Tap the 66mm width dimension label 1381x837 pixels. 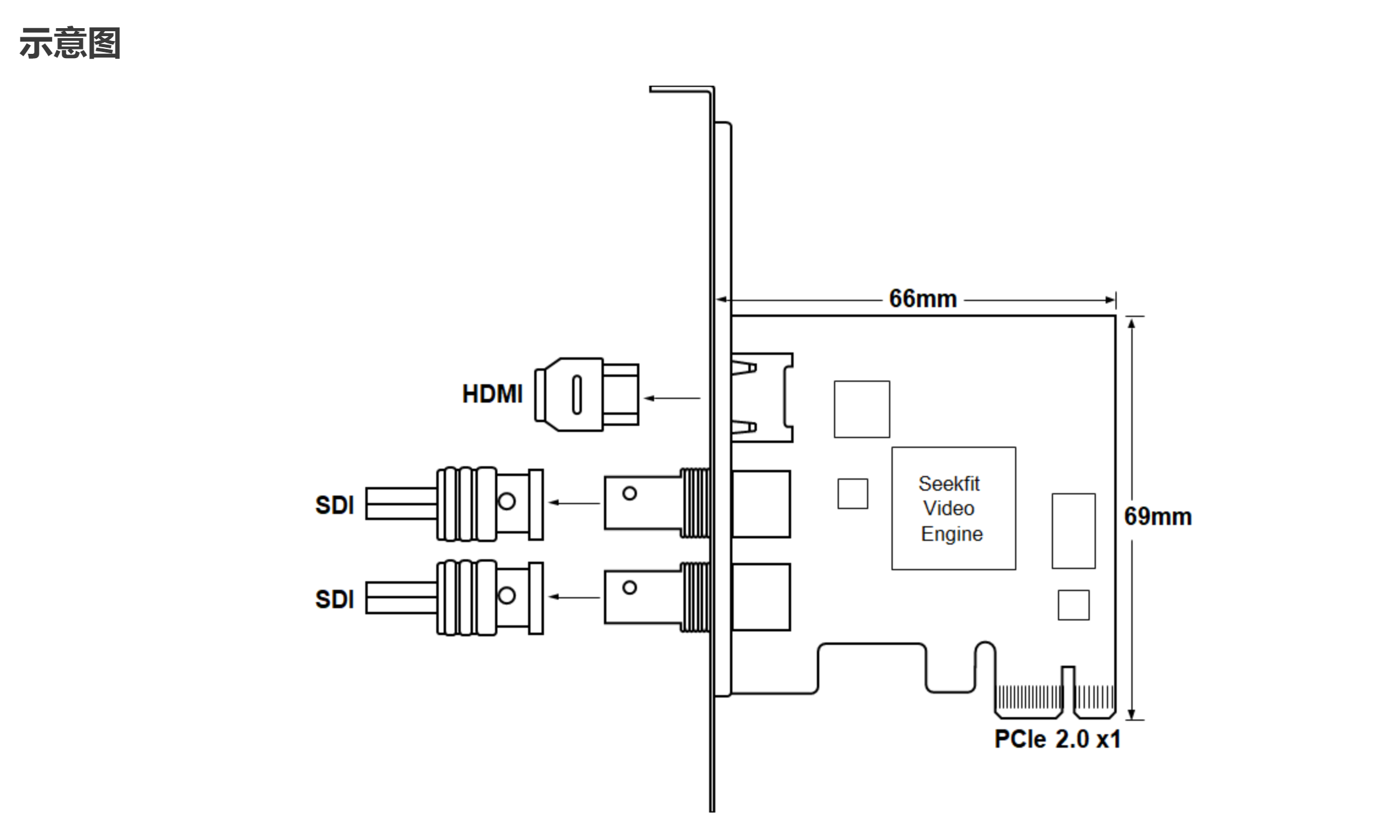(922, 299)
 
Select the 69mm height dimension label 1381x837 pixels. (1158, 517)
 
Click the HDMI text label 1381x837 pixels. (493, 395)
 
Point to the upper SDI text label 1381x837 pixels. (335, 505)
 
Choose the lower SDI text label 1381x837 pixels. (335, 600)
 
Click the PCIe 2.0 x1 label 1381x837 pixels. (1057, 740)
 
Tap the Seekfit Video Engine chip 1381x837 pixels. (953, 508)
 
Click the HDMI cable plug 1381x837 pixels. (586, 395)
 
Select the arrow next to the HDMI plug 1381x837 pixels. (672, 398)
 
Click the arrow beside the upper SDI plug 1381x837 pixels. (574, 503)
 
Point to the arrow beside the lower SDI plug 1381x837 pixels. (574, 597)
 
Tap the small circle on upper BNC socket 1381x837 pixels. (630, 493)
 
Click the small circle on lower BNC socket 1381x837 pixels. (630, 587)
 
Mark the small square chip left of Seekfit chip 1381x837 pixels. (852, 494)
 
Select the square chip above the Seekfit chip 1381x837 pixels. (862, 409)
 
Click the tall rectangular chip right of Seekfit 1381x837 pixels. (1073, 531)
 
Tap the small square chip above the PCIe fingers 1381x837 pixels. (1073, 605)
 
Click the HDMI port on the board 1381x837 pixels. (762, 398)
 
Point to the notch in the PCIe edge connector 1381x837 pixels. (1068, 691)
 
